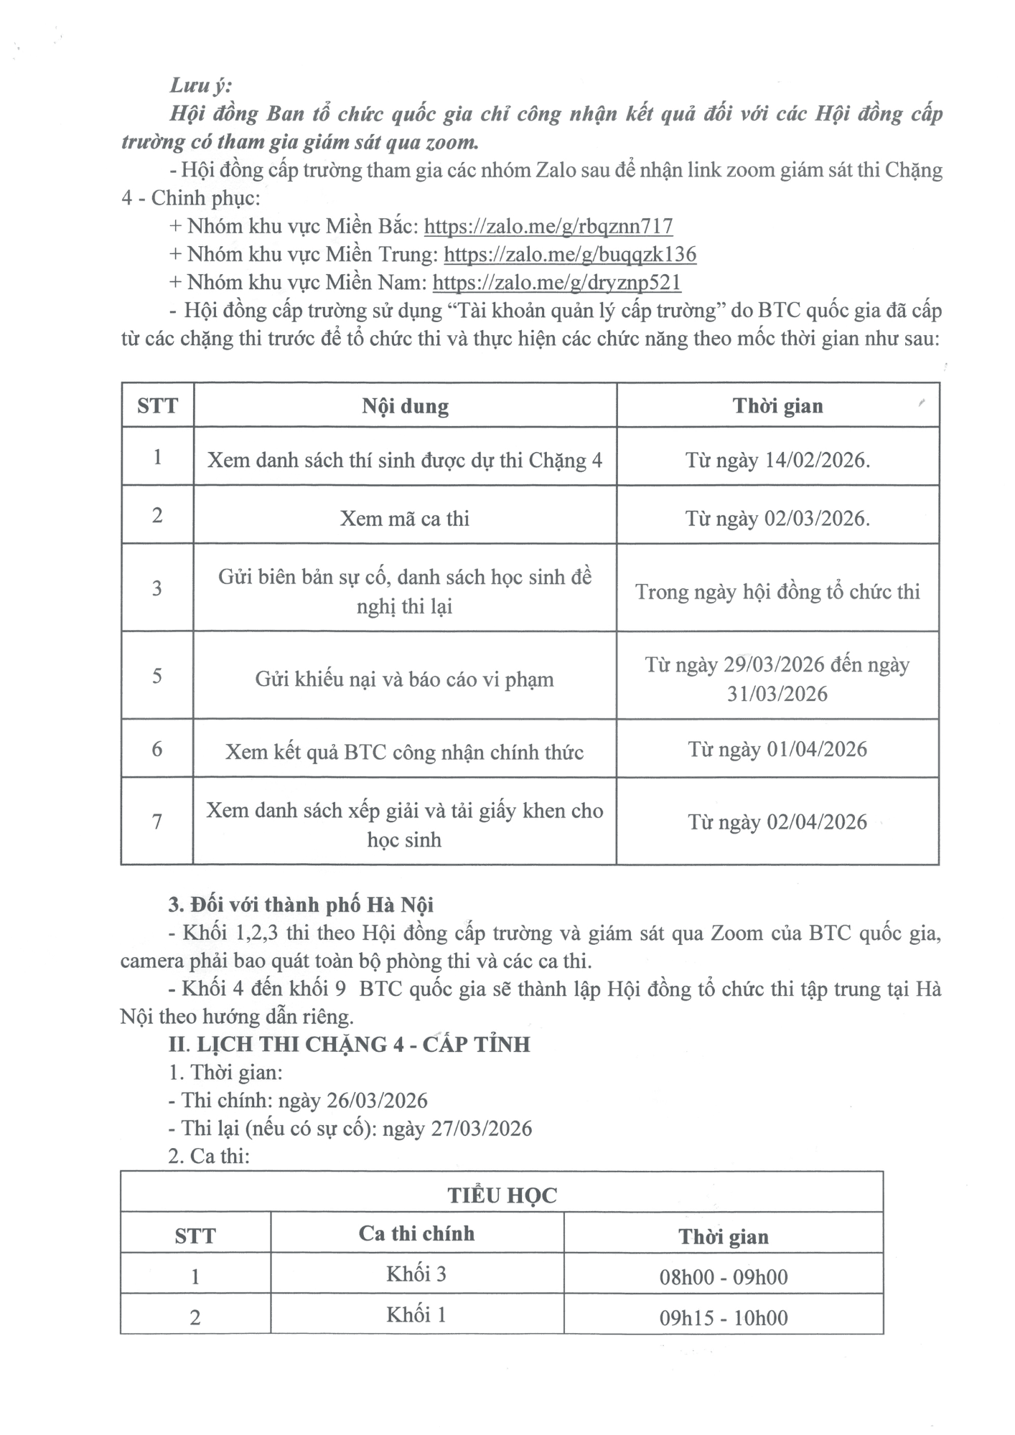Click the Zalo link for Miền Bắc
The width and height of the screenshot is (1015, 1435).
click(548, 227)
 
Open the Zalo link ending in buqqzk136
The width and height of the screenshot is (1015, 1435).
click(570, 255)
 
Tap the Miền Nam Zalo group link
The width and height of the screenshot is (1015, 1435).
click(556, 283)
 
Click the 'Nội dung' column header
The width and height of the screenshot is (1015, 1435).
click(405, 406)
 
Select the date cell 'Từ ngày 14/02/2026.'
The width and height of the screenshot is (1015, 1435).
click(777, 460)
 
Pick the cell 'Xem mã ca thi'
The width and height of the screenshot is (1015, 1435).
click(405, 518)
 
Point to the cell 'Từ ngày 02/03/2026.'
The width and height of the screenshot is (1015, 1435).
click(777, 518)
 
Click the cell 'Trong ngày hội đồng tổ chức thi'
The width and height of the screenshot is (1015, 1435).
click(777, 592)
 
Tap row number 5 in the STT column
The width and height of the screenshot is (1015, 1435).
click(157, 676)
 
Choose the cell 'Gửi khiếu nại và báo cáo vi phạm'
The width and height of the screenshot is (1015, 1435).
click(405, 679)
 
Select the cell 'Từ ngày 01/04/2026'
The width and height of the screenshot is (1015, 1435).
click(777, 750)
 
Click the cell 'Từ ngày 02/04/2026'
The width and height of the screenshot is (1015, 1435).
click(777, 822)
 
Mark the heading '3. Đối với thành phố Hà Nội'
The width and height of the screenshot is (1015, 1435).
click(301, 905)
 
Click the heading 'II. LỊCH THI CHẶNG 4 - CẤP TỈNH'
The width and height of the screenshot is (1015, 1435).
click(349, 1045)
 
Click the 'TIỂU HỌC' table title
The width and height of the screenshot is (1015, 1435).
click(502, 1195)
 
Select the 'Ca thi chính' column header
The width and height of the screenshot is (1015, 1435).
click(416, 1234)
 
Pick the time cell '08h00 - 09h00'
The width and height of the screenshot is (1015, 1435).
click(724, 1277)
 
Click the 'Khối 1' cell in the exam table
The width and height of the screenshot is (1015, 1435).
click(416, 1315)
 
